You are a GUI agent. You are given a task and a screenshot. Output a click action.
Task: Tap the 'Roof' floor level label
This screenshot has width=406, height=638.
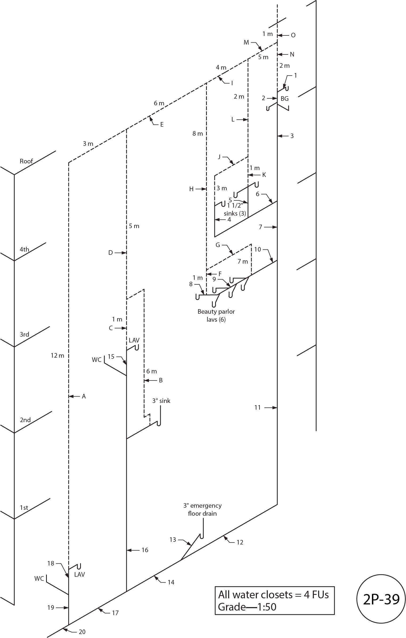pos(26,161)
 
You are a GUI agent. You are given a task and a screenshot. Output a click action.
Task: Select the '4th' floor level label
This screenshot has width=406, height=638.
pos(24,249)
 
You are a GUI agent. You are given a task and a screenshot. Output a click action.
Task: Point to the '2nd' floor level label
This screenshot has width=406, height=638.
pos(25,420)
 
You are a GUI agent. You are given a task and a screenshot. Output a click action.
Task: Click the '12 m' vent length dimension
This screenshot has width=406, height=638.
pos(58,356)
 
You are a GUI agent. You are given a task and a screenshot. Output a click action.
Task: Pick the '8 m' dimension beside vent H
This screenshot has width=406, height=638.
pos(198,134)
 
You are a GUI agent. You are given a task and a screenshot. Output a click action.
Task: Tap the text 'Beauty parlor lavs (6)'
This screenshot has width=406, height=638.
pos(216,315)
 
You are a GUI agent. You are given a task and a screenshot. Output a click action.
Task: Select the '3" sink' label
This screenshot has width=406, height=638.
pos(161,401)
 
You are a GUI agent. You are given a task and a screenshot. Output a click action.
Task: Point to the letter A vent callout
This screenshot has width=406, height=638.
pos(84,396)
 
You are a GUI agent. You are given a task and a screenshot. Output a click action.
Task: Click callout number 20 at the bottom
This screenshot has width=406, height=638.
pos(82,632)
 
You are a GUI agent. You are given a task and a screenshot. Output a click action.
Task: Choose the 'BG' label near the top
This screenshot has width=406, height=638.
pos(285,99)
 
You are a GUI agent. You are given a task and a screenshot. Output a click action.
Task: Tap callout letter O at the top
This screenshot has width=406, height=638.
pos(293,35)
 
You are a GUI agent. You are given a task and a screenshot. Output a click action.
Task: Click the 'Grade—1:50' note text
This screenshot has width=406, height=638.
pos(247,607)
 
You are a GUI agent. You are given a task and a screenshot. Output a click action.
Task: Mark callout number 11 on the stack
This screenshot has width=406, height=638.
pos(257,407)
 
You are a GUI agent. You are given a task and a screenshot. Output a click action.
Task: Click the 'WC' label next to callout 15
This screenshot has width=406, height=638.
pos(97,360)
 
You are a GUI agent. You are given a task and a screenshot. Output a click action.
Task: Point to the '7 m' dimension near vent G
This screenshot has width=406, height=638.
pos(243,261)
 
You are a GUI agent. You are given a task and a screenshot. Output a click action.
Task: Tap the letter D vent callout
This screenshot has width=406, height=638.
pos(110,253)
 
